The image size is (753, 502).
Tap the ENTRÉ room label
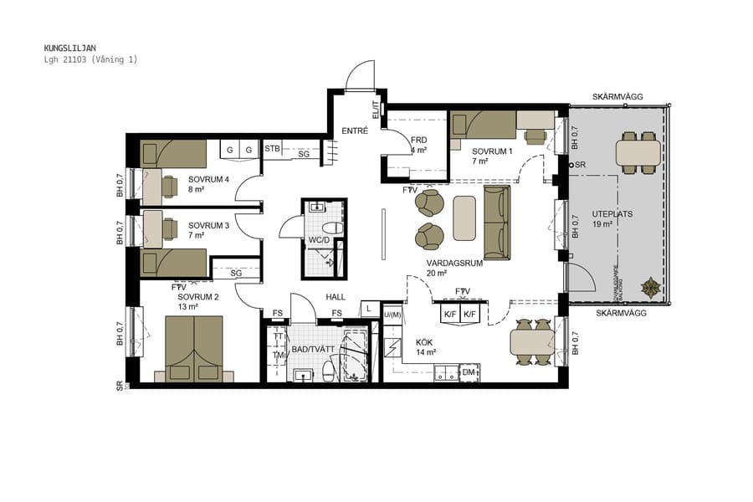pos(355,131)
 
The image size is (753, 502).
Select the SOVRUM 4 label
pos(208,179)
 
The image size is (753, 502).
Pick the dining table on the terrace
pos(638,152)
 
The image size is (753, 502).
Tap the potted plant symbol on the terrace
pos(650,288)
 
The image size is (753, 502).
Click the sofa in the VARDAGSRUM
pos(496,223)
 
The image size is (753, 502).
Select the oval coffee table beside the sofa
pos(464,218)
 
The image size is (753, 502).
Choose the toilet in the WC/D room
pos(333,228)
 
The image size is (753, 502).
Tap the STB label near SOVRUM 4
pos(273,149)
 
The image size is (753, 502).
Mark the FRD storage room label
pos(419,140)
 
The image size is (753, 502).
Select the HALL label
pos(336,297)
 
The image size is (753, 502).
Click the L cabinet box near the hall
pos(369,309)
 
